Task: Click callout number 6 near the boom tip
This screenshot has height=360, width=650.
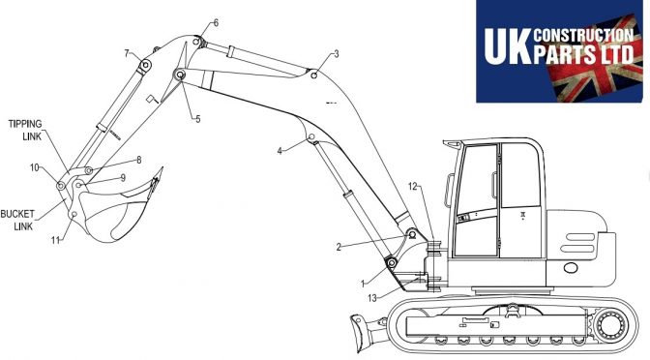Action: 216,23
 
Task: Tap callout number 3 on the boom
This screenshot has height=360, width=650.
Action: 337,54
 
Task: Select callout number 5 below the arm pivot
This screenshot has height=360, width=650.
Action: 197,119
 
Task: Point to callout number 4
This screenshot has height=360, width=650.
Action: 280,151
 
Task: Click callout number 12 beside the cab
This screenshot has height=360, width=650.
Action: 412,187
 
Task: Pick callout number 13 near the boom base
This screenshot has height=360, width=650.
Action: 372,298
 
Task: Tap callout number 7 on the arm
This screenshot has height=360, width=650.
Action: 127,53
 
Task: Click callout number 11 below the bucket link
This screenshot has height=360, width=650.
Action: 55,240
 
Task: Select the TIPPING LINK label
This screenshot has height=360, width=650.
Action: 25,130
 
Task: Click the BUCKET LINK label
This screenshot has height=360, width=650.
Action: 17,221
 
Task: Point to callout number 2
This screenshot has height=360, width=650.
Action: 339,247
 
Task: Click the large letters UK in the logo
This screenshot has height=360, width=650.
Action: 508,46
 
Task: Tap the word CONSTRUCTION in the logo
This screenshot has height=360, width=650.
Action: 583,35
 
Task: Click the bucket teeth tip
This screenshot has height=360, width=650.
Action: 162,168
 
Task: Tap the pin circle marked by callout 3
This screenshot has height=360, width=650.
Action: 314,75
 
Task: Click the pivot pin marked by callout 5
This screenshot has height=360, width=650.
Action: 180,75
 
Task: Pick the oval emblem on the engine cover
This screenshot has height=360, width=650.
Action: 571,268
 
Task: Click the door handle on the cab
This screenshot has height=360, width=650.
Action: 494,186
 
